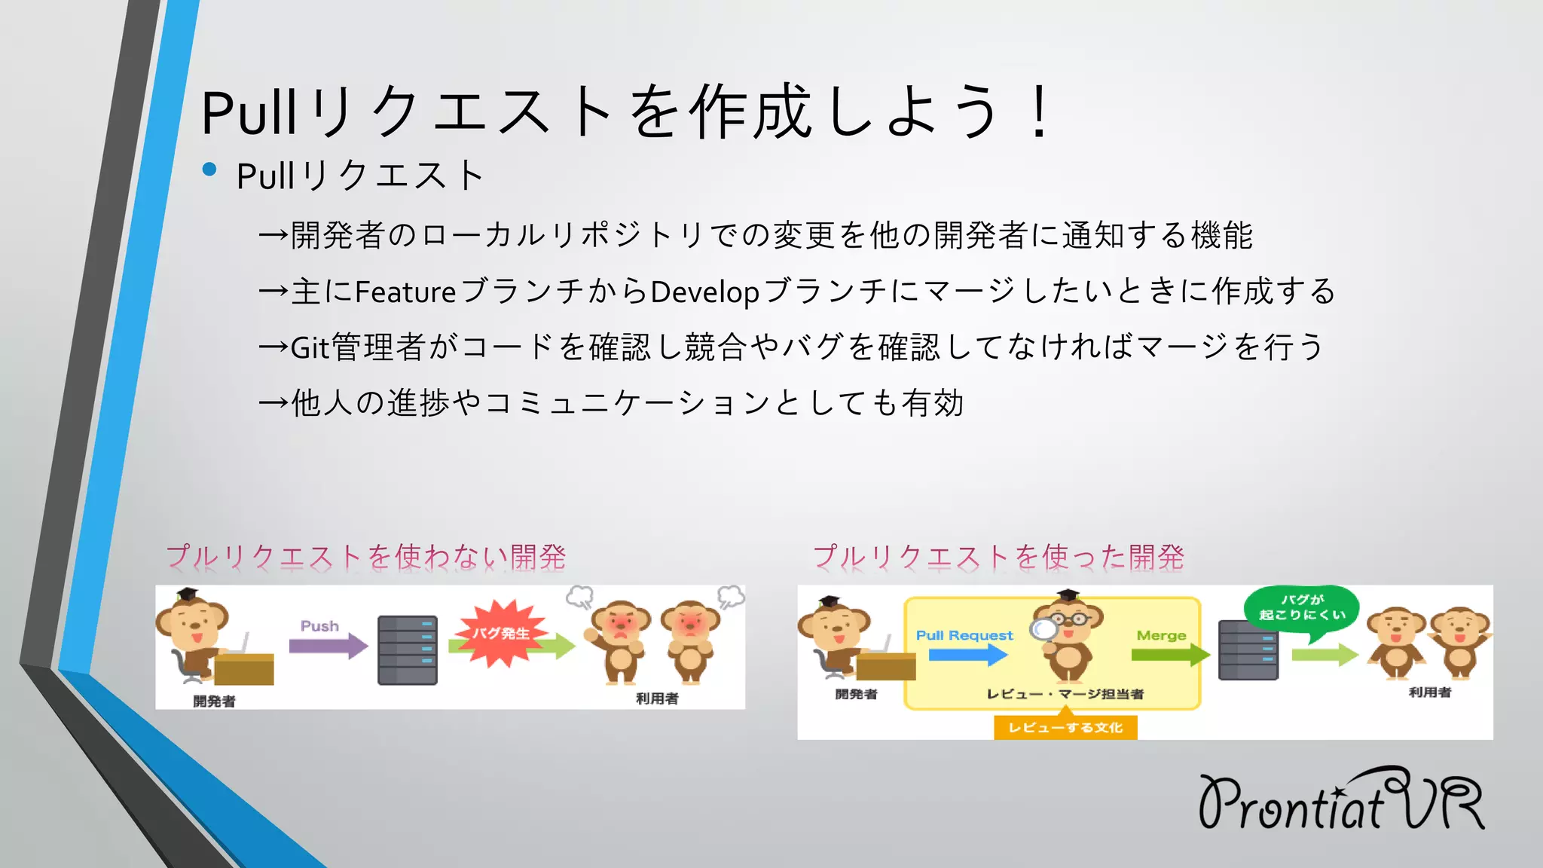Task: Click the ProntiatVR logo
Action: tap(1341, 800)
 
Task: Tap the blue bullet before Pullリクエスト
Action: tap(209, 170)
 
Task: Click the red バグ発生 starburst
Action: tap(500, 634)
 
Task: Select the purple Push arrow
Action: tap(328, 646)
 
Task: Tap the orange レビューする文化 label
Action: tap(1065, 727)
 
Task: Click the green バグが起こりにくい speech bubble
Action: tap(1301, 608)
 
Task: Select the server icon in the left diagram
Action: tap(408, 649)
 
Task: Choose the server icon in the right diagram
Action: tap(1248, 649)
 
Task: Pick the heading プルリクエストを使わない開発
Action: tap(366, 557)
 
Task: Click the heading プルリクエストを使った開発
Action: tap(998, 557)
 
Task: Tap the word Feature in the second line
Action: tap(405, 292)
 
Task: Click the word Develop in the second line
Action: tap(704, 292)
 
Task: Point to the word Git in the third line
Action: tap(310, 347)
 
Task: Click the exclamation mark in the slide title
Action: tap(1040, 112)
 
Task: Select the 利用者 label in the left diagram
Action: tap(657, 698)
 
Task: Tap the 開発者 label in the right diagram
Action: tap(856, 694)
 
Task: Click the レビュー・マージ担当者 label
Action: tap(1065, 694)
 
